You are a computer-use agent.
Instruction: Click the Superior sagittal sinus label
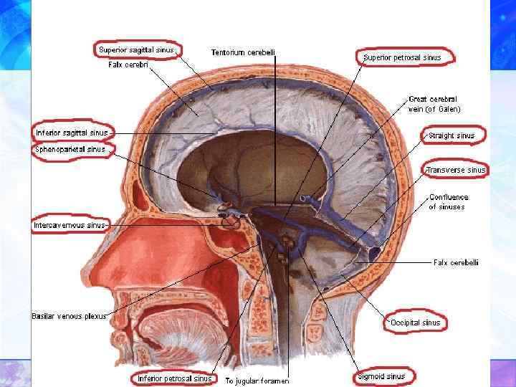tap(137, 49)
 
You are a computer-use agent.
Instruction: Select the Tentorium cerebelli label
tap(243, 52)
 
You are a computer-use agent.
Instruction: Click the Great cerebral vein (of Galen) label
tap(434, 104)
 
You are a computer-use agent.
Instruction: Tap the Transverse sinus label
tap(455, 170)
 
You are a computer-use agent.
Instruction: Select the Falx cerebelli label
tap(456, 262)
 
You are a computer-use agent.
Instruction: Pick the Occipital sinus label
tap(415, 322)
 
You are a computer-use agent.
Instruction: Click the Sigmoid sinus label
tap(381, 376)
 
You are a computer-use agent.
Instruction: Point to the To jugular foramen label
tap(257, 380)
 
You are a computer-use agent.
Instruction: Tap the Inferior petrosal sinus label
tap(176, 378)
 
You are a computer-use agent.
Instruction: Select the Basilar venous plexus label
tap(69, 315)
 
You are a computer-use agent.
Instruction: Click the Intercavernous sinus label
tap(69, 225)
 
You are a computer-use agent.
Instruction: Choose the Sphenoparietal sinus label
tap(70, 149)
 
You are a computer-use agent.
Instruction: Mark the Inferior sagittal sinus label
tap(72, 133)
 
